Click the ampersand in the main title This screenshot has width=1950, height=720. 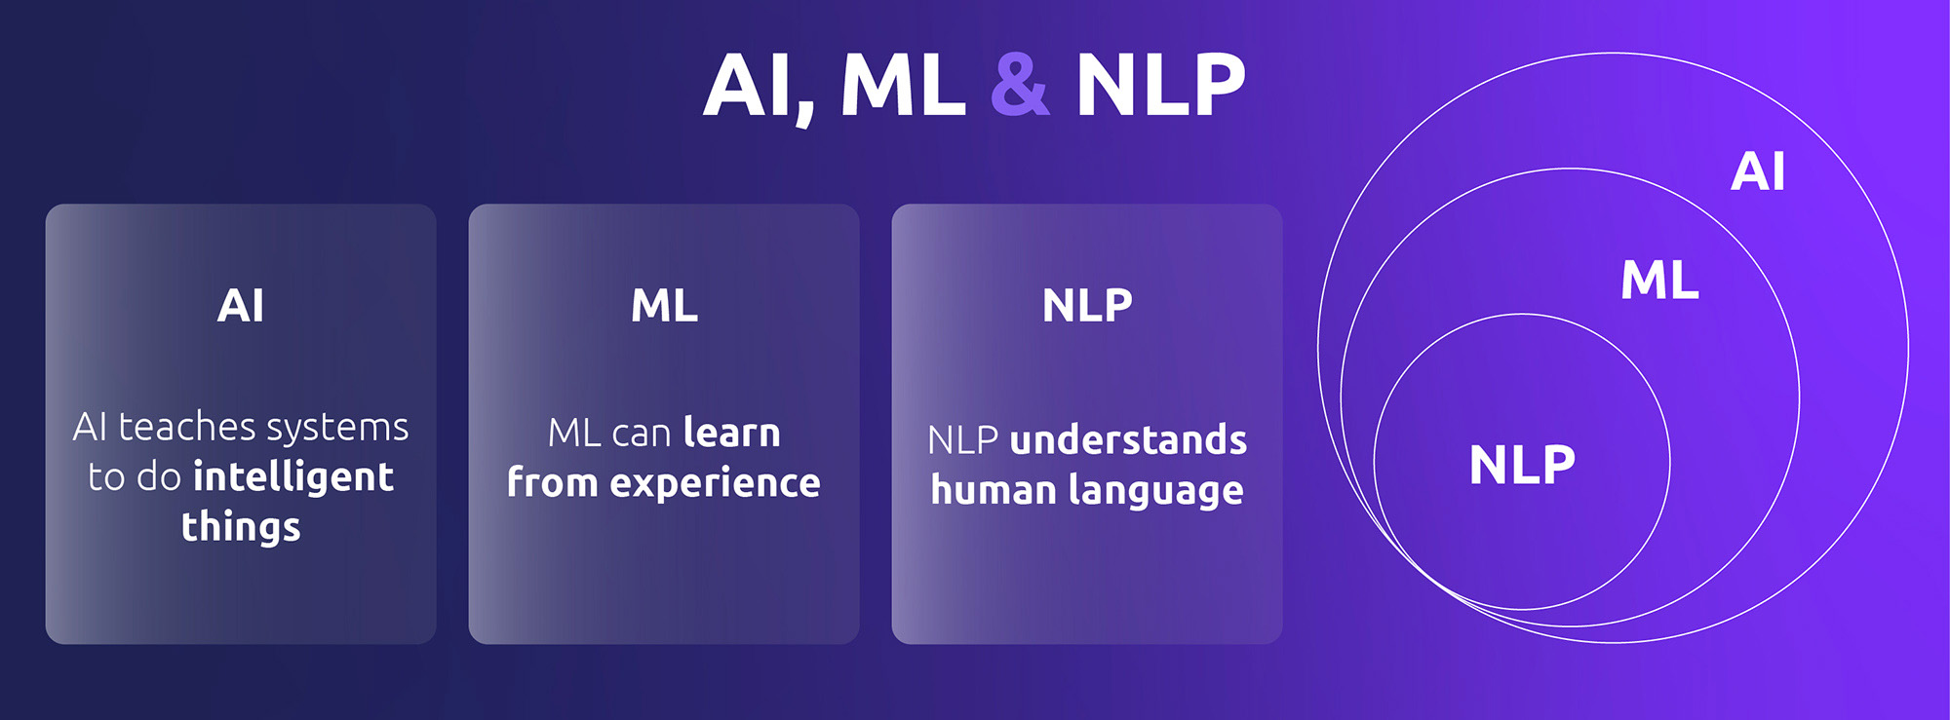coord(1020,85)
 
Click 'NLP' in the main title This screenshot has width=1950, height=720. coord(1161,86)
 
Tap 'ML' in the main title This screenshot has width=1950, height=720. coord(903,86)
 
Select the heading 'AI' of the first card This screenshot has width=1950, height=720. coord(241,306)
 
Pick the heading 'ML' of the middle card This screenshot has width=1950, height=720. coord(664,306)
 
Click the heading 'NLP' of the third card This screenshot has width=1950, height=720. coord(1087,306)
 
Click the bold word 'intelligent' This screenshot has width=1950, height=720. coord(293,476)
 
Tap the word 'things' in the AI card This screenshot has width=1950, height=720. coord(241,527)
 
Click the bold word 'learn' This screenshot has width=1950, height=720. coord(732,433)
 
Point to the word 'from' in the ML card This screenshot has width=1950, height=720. coord(552,482)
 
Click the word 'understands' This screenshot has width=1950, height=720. coord(1129,440)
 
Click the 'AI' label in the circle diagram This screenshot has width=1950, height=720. coord(1758,171)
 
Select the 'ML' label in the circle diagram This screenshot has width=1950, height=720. coord(1659,281)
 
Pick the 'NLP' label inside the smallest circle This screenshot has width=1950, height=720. coord(1522,465)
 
